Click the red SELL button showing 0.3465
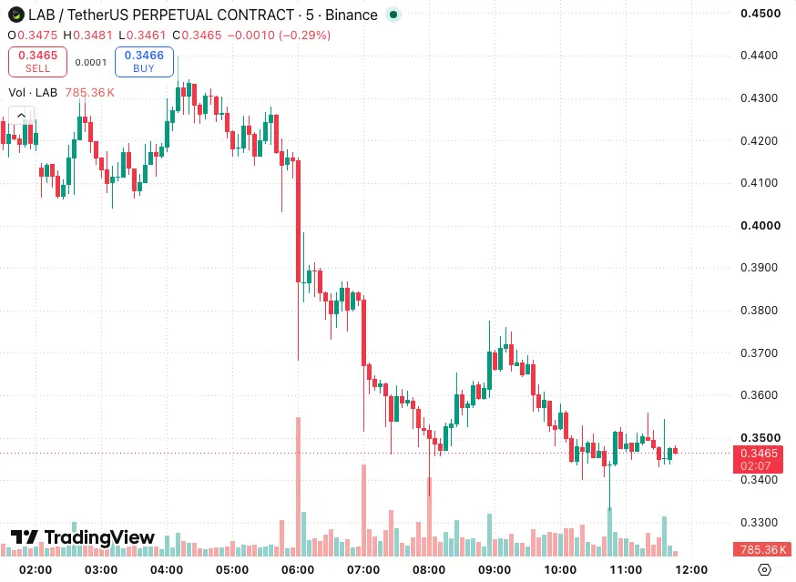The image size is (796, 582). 37,62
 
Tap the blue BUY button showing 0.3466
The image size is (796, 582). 144,62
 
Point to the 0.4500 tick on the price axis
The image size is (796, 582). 760,14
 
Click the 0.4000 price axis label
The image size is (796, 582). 760,226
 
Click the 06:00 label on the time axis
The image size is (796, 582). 298,570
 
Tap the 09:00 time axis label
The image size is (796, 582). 495,570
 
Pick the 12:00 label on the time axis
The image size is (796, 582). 691,570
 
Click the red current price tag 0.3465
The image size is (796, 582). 759,459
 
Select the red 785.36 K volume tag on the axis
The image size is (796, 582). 762,549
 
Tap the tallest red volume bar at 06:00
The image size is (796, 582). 299,486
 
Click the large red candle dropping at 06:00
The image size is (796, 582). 299,221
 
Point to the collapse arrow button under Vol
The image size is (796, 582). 21,116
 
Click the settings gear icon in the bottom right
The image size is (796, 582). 764,570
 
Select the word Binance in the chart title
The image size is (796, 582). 352,15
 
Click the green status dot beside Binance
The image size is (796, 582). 393,15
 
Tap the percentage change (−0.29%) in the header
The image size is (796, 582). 304,35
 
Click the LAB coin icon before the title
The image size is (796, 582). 16,15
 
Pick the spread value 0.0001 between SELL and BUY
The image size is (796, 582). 91,63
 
